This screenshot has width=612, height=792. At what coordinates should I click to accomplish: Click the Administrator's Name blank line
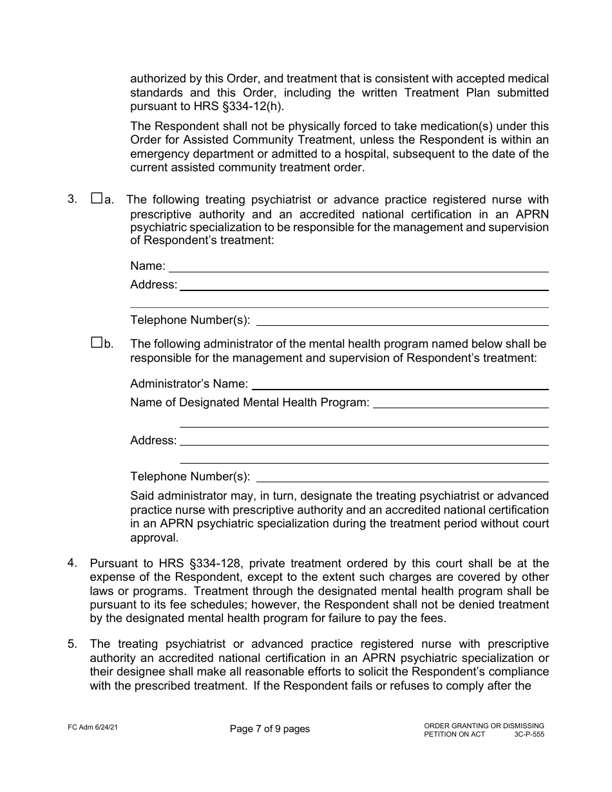pyautogui.click(x=399, y=385)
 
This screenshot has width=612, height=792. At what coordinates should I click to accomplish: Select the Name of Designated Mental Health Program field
pyautogui.click(x=461, y=404)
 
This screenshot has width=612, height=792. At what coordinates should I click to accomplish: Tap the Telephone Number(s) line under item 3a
pyautogui.click(x=402, y=321)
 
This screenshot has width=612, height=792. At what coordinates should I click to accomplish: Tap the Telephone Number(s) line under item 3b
pyautogui.click(x=402, y=477)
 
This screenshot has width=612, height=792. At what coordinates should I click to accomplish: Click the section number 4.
pyautogui.click(x=73, y=563)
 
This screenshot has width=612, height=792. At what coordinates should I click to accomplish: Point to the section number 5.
pyautogui.click(x=73, y=643)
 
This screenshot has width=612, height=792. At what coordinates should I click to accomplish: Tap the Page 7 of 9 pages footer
pyautogui.click(x=269, y=729)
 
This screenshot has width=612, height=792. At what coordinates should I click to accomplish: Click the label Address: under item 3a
pyautogui.click(x=153, y=285)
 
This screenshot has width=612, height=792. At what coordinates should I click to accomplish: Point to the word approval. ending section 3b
pyautogui.click(x=154, y=537)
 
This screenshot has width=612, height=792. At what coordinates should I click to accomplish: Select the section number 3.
pyautogui.click(x=73, y=199)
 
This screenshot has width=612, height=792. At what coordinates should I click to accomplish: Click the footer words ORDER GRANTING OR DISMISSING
pyautogui.click(x=484, y=726)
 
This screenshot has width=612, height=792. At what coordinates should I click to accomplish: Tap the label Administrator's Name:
pyautogui.click(x=189, y=384)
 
